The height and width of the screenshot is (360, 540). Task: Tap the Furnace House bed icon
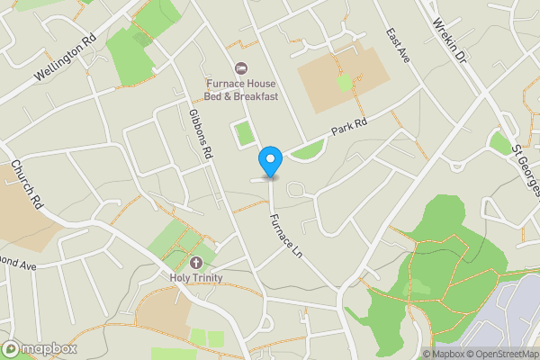[x=240, y=69]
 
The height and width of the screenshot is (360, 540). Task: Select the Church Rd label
[x=28, y=185]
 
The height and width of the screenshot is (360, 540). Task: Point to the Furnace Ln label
[x=286, y=236]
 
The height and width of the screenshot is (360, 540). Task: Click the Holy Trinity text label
[x=196, y=278]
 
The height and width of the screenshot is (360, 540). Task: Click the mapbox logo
[x=40, y=348]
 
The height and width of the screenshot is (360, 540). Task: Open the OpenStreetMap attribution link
[x=500, y=353]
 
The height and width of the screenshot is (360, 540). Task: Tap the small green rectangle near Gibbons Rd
[x=243, y=134]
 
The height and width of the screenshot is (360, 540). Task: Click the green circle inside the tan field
[x=345, y=83]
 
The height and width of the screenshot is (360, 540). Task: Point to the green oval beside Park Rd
[x=306, y=150]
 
